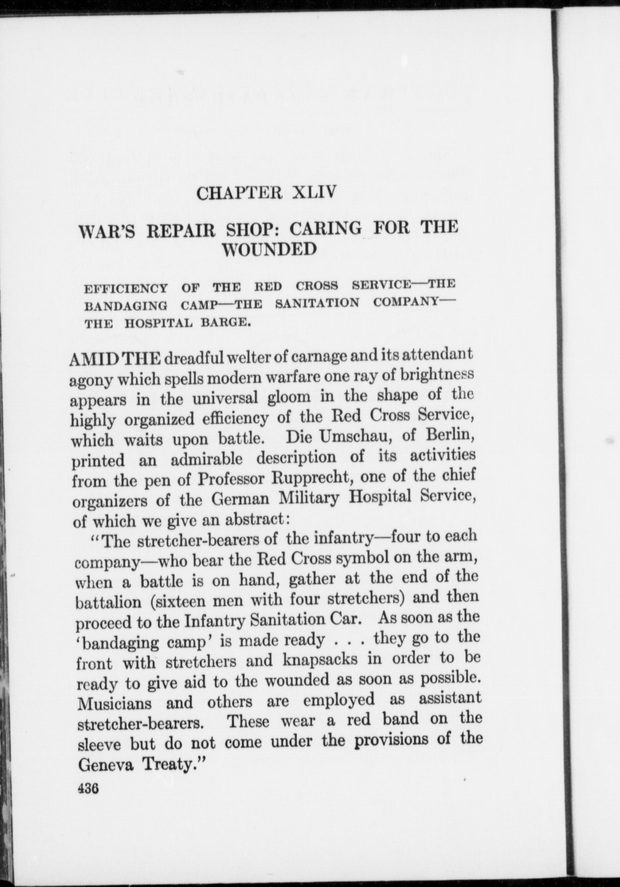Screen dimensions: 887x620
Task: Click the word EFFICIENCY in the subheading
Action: [126, 289]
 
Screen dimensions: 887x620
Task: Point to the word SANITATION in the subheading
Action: [317, 303]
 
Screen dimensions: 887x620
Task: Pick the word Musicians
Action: [112, 703]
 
